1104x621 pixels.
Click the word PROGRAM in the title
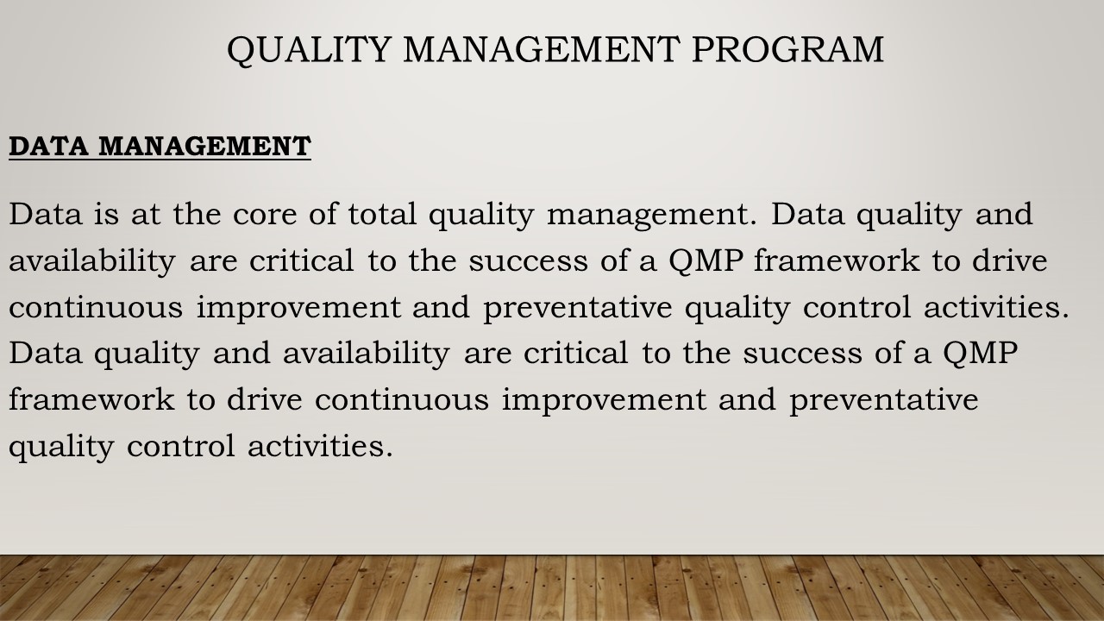[787, 49]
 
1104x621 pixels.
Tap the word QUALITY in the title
[309, 50]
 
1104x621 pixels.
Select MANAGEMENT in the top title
[542, 49]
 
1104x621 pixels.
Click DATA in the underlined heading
[48, 147]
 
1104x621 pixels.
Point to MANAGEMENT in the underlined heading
[204, 147]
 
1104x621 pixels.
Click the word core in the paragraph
[265, 215]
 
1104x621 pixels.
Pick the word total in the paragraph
[382, 214]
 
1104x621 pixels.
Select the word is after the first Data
[106, 214]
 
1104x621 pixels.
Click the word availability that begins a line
[92, 261]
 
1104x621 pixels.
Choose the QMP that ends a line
[981, 354]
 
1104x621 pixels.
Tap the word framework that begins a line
[91, 398]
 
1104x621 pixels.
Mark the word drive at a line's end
[1010, 260]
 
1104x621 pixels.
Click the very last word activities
[320, 446]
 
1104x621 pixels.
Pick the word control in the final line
[181, 446]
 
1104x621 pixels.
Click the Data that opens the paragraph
[46, 214]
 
